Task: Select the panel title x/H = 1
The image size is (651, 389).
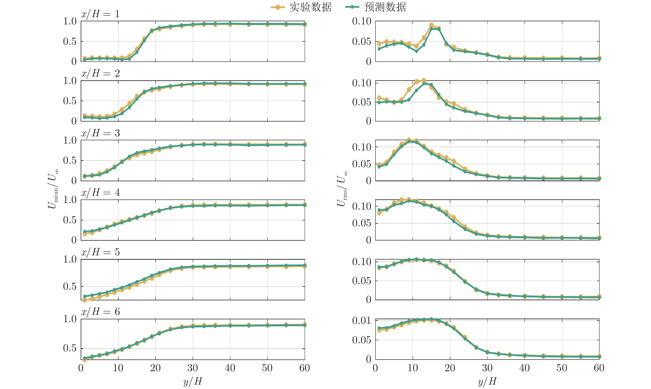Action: (100, 14)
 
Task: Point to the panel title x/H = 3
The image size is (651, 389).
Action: (100, 133)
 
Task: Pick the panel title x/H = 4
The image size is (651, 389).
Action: (100, 193)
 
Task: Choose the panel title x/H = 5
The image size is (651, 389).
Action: (100, 252)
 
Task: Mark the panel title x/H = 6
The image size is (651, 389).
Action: (100, 312)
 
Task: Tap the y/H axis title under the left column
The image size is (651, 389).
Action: (193, 381)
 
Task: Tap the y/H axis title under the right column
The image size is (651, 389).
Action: (487, 381)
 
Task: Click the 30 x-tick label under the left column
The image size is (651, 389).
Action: (193, 368)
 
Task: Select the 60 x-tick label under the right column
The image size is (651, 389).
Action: (599, 368)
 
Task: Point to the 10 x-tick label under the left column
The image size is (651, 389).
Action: (118, 368)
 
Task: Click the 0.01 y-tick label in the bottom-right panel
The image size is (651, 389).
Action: (361, 321)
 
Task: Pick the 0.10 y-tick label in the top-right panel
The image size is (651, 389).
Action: (361, 21)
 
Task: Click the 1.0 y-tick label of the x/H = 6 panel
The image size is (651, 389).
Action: (70, 319)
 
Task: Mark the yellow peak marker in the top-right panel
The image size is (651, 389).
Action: (431, 25)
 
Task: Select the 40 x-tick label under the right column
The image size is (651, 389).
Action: (524, 368)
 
